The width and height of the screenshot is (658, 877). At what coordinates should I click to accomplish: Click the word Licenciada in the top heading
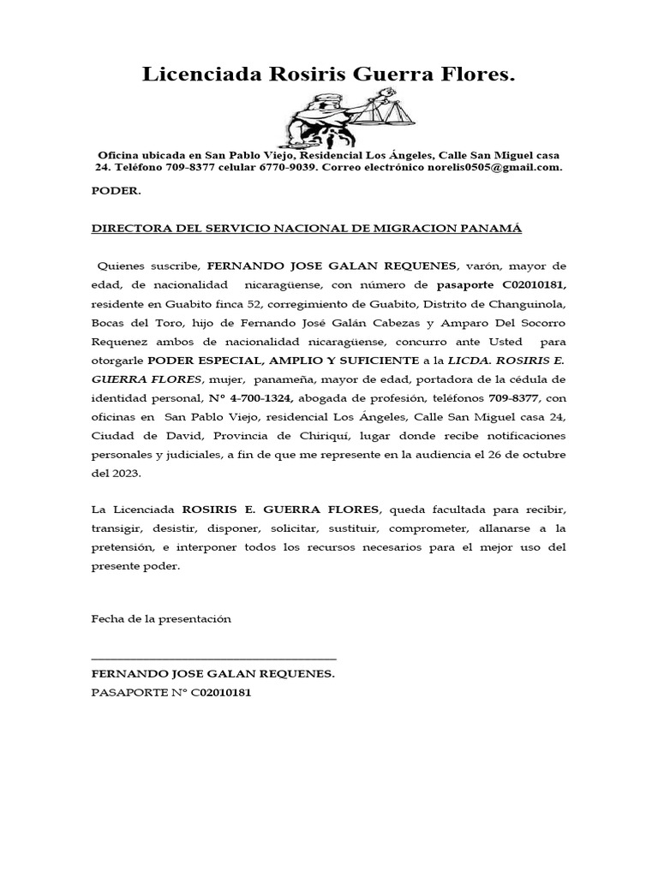click(192, 76)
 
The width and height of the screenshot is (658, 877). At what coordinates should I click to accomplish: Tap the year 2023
click(124, 473)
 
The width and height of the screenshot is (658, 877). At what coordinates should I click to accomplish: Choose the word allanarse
click(518, 528)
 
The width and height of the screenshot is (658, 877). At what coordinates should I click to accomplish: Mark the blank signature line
click(213, 658)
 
